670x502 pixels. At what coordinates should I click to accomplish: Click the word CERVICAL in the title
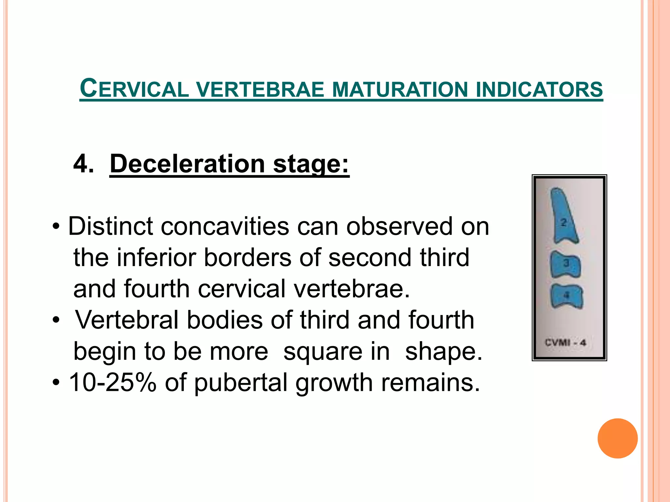coord(134,89)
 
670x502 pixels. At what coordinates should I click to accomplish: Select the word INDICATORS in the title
coord(539,90)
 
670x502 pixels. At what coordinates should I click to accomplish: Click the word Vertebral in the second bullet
coord(127,320)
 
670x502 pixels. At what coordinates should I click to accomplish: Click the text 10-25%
coord(113,382)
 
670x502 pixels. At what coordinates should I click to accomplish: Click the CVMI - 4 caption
coord(565,343)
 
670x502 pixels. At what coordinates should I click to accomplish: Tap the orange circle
coord(617,438)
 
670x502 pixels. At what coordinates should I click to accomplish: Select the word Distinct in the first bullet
coord(110,226)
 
